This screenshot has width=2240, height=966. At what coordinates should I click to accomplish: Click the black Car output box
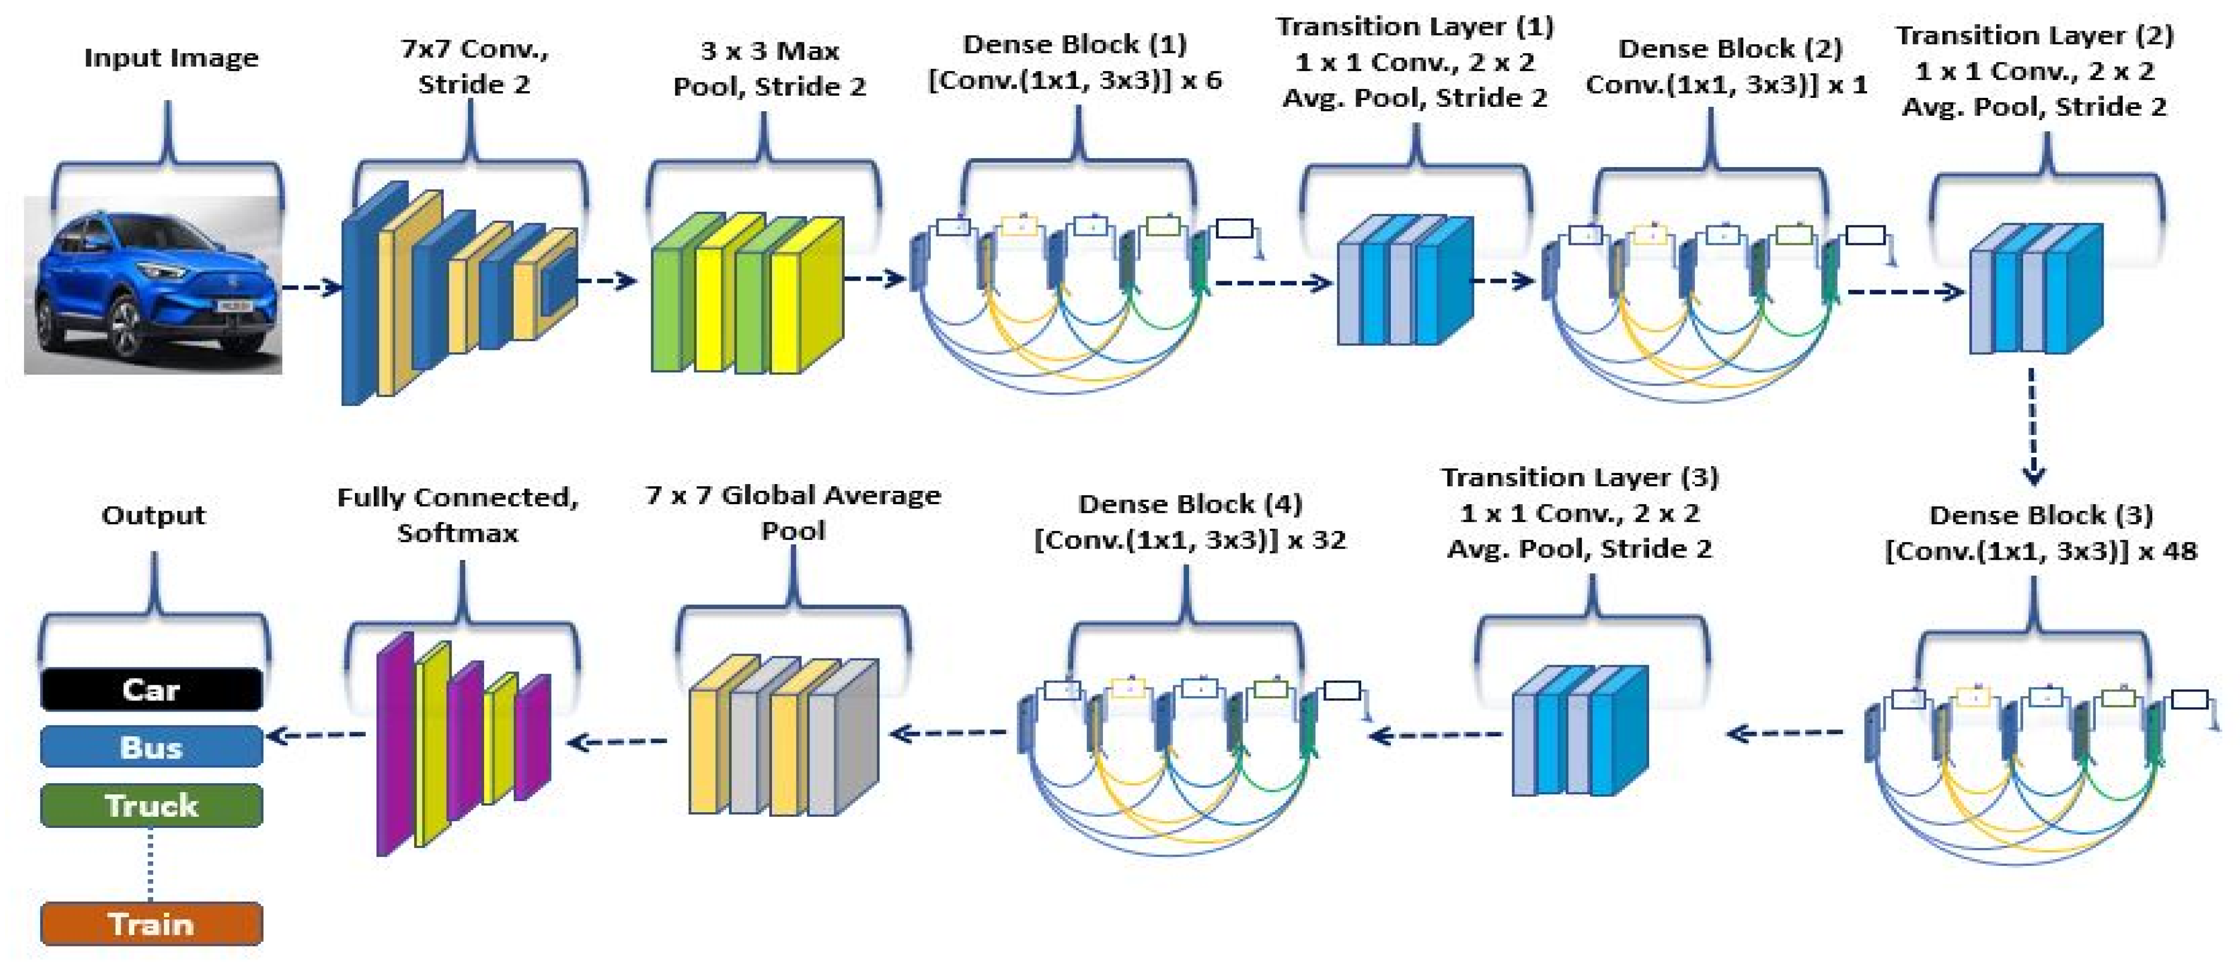point(151,689)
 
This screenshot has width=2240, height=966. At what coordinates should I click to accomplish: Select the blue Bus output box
point(151,747)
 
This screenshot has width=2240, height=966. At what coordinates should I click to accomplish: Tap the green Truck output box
point(151,805)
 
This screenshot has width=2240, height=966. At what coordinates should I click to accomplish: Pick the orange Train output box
point(151,924)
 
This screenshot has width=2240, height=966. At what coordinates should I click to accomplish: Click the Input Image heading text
point(171,58)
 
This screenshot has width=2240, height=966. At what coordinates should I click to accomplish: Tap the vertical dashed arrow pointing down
point(2032,426)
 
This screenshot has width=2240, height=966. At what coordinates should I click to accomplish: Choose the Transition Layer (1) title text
point(1415,26)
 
